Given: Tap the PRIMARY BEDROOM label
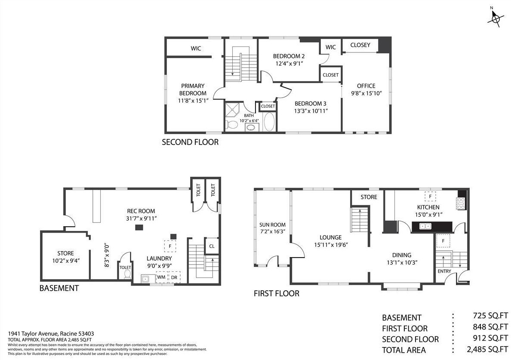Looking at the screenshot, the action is pos(193,89).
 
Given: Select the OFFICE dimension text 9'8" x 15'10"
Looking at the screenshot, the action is pos(366,93).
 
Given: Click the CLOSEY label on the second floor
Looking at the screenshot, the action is pos(360,45).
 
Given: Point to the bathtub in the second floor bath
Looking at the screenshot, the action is pos(269,122).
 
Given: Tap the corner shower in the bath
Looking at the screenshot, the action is pos(232,111).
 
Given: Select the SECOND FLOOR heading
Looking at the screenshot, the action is pos(190,142).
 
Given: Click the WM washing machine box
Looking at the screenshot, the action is pos(161,277).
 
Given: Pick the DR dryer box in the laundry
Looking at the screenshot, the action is pos(174,277).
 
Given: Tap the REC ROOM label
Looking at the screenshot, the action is pos(141,211).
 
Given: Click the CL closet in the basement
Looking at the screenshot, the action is pos(212,246).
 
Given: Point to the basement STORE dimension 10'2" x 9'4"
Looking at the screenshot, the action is pos(66,261).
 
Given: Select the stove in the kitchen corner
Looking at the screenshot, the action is pos(462,203).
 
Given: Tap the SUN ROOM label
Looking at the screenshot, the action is pos(272,225).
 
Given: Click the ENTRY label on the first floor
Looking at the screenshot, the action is pos(444,271).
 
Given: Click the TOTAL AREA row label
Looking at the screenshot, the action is pos(404,350).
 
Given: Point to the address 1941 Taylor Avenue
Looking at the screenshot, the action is pos(33,334).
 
